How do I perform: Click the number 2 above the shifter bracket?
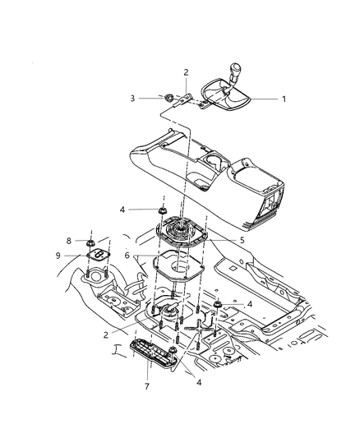point(186,72)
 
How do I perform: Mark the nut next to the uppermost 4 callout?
point(163,211)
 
